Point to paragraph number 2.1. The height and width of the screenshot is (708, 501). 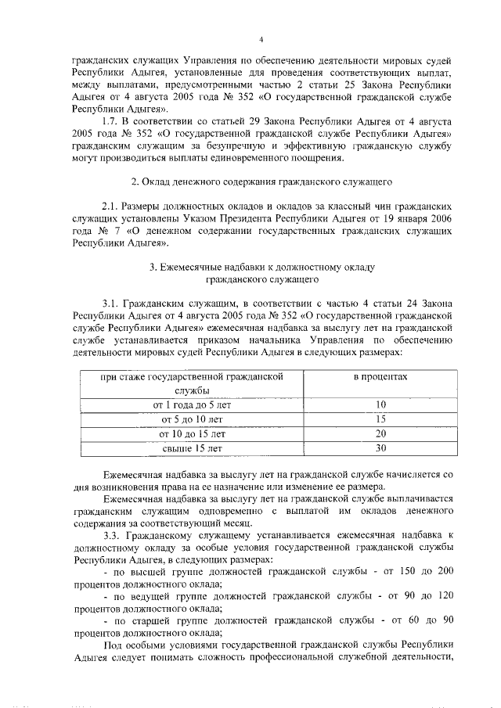coord(112,206)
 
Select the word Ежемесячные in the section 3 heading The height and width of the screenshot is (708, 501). coord(192,267)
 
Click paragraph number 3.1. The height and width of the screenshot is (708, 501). coord(113,303)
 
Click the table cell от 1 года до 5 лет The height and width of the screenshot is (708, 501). coord(192,404)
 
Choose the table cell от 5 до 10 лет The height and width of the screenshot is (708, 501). coord(192,419)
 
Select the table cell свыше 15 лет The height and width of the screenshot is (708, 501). coord(192,448)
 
